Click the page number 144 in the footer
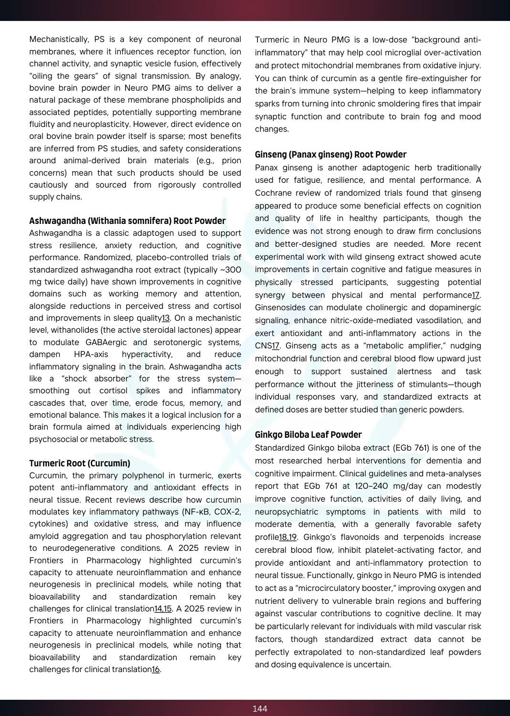[x=260, y=708]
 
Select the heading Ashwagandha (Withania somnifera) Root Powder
[x=127, y=221]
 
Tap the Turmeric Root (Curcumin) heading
[x=79, y=463]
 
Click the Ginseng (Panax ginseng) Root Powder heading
[x=330, y=154]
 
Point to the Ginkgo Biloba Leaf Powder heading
[x=308, y=434]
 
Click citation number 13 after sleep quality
[x=166, y=318]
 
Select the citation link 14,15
[x=163, y=609]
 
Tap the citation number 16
[x=156, y=669]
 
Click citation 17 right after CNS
[x=276, y=346]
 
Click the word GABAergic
[x=106, y=342]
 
